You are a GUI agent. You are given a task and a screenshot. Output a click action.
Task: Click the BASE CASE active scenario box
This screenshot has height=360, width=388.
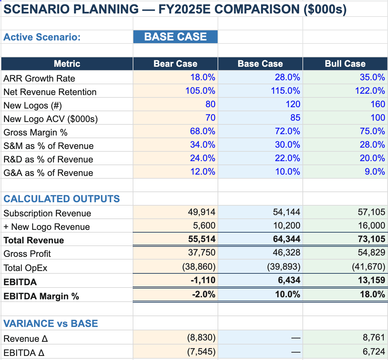(175, 37)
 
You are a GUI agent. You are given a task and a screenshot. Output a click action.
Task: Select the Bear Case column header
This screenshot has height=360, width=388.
(175, 64)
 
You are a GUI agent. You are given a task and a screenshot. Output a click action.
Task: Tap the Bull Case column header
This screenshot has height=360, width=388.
(345, 64)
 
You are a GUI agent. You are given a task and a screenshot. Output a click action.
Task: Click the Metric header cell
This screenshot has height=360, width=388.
(67, 64)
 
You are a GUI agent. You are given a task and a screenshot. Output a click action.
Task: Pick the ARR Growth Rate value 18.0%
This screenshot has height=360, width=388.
(203, 78)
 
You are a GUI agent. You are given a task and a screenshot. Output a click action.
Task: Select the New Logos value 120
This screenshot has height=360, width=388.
(293, 104)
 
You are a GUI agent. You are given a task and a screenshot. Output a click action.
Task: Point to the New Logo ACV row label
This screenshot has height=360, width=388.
(51, 119)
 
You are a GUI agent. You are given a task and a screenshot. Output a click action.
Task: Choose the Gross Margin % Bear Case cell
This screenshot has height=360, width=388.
(203, 131)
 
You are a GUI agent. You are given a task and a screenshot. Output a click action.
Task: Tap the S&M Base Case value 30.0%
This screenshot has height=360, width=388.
(287, 145)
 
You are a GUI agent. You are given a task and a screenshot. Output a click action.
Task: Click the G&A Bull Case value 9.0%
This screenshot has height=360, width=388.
(375, 172)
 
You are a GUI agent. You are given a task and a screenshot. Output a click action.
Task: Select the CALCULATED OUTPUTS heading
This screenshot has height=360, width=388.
(62, 199)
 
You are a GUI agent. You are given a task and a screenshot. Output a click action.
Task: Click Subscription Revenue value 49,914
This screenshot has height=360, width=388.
(201, 212)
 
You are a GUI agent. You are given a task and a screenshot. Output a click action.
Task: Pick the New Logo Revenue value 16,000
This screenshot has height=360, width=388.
(371, 226)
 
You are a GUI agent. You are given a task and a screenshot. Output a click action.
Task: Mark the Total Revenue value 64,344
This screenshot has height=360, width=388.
(286, 239)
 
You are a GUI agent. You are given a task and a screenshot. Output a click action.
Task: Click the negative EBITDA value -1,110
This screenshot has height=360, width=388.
(203, 280)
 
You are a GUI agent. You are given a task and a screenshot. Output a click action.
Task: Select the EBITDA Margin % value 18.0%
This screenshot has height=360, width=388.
(372, 295)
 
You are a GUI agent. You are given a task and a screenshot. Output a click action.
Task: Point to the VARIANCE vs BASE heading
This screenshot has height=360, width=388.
(51, 324)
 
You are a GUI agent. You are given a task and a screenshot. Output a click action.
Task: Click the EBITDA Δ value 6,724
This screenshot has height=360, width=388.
(374, 352)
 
